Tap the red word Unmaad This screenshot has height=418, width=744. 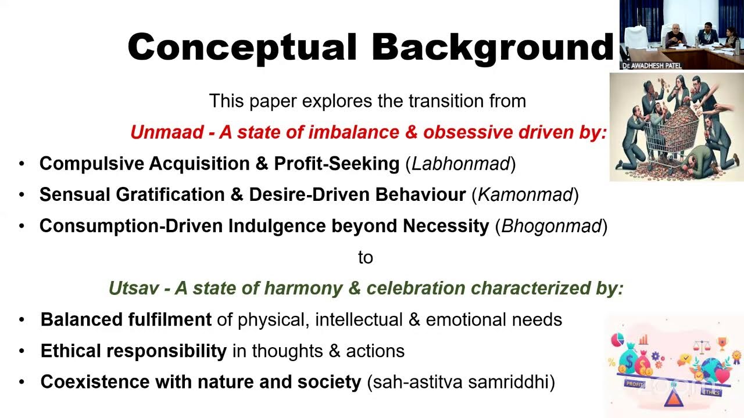point(166,132)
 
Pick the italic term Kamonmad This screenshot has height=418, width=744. point(525,195)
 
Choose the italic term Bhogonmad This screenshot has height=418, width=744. point(551,226)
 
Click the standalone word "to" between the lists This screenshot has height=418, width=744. point(365,257)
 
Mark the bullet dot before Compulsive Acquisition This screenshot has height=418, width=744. point(22,164)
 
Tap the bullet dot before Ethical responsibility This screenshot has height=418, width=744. point(22,351)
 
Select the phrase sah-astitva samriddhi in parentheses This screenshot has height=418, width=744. point(461,383)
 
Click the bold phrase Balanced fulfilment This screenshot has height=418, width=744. point(126,320)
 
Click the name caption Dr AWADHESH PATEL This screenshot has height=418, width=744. point(651,66)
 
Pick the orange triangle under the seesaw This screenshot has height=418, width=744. point(674,399)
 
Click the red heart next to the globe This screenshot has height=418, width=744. point(722,376)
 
